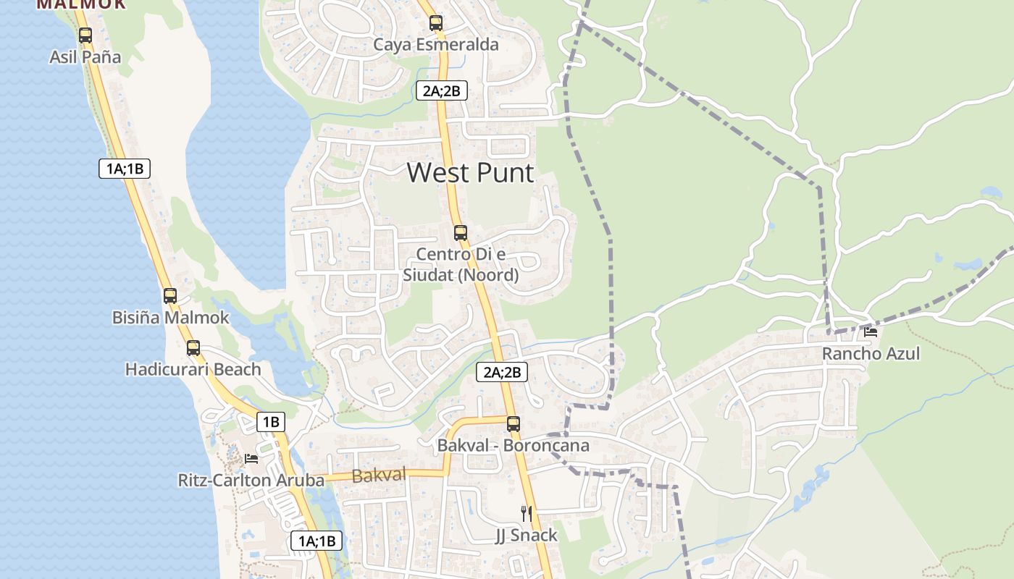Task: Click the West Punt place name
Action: pos(470,173)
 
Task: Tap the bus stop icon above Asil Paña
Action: pos(85,35)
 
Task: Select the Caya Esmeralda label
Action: pos(436,45)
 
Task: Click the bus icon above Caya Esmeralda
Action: pos(436,23)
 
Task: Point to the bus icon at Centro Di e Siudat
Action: pos(461,233)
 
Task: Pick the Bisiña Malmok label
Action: pos(170,318)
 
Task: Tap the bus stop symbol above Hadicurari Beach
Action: pos(193,348)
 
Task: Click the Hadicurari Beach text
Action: pos(193,370)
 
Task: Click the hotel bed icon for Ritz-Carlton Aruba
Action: pos(251,459)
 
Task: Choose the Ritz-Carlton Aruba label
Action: pos(251,481)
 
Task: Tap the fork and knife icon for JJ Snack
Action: pos(527,514)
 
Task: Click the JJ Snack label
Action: pos(527,536)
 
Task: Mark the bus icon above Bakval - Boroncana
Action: pos(514,424)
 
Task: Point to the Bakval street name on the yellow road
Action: pos(379,476)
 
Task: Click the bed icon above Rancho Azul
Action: pos(871,332)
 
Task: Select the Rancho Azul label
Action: pos(871,354)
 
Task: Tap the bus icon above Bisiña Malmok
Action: pos(170,296)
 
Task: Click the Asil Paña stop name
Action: pos(85,57)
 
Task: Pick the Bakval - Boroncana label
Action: pos(514,446)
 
